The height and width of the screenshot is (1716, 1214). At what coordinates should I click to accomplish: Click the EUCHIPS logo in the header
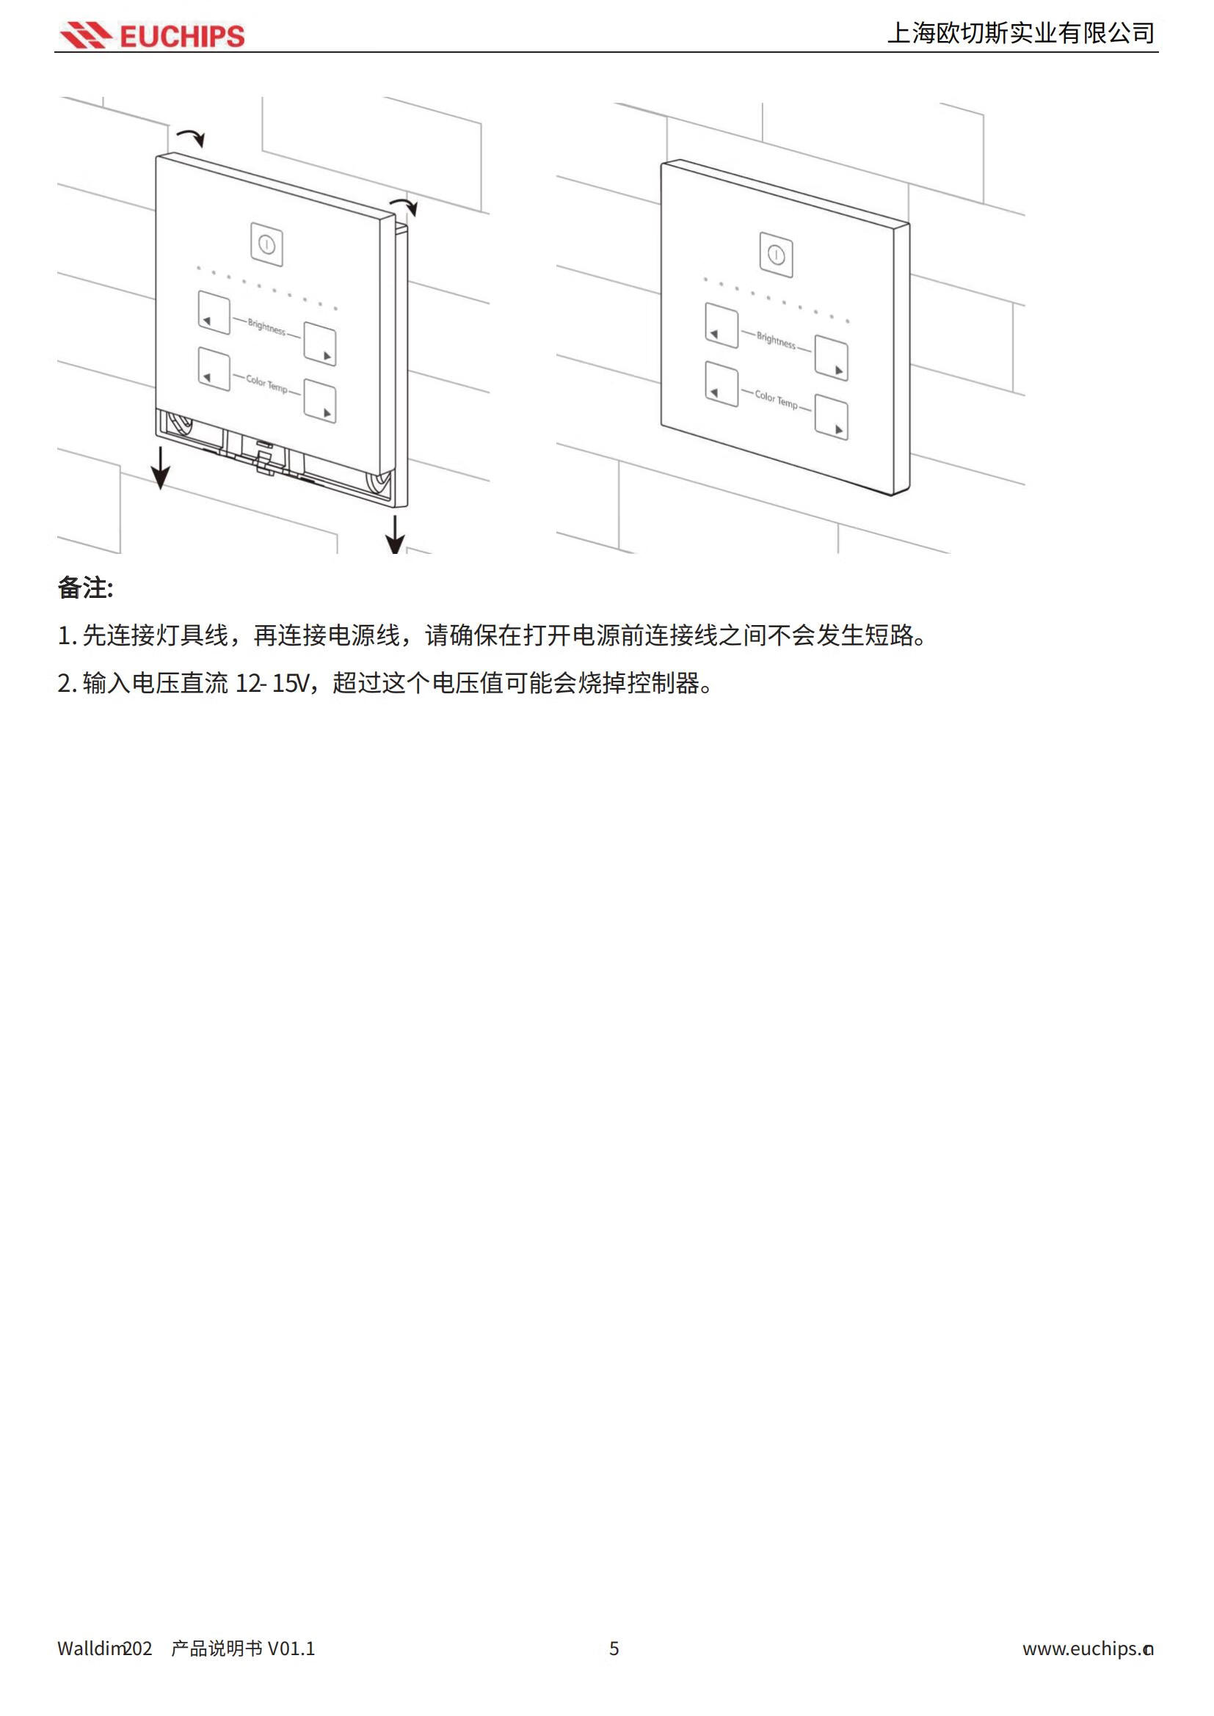coord(153,35)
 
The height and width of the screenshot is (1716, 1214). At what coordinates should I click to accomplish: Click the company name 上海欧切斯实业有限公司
coord(1020,33)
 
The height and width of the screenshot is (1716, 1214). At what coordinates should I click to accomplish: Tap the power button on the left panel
coord(267,244)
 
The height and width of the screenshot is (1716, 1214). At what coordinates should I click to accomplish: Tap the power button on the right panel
coord(776,255)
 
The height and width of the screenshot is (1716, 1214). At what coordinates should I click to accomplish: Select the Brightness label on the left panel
coord(267,326)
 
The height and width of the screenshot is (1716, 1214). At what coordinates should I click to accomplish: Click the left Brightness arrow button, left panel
coord(214,312)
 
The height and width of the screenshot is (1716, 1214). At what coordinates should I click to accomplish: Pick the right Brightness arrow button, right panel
coord(831,359)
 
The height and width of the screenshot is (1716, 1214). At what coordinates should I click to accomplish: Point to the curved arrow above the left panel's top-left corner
coord(191,136)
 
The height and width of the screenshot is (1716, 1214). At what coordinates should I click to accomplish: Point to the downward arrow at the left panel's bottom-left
coord(160,467)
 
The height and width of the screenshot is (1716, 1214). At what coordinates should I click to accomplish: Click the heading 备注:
coord(85,588)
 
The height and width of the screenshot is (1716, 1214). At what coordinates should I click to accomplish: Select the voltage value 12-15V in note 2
coord(272,683)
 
